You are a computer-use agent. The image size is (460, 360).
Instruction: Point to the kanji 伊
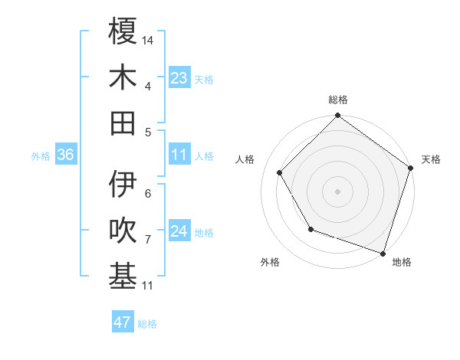point(123,184)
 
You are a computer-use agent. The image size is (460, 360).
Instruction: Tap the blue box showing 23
point(179,78)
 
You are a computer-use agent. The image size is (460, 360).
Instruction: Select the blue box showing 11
point(179,155)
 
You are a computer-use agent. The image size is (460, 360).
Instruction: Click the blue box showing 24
point(179,232)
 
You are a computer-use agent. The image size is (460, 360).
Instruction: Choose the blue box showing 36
point(65,155)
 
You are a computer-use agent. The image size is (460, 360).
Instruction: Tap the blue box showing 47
point(122,322)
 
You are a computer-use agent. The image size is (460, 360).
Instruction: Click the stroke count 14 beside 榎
point(148,39)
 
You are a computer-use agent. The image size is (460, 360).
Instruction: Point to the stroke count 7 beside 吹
point(148,240)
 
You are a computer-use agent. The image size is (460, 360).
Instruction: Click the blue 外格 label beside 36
point(41,156)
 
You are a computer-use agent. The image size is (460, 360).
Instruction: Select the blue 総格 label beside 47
point(147,324)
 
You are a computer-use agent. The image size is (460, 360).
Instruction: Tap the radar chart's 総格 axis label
point(338,100)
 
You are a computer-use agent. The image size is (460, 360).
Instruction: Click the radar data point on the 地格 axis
point(383,252)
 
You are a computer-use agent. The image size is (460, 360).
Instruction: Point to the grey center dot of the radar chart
point(337,191)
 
